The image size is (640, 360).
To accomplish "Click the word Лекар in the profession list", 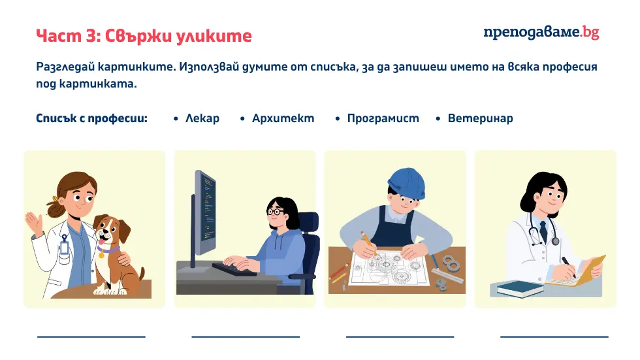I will (x=202, y=119).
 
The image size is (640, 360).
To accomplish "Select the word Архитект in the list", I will (x=283, y=119).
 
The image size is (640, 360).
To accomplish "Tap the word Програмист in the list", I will (x=383, y=119).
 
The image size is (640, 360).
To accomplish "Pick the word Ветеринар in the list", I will (x=480, y=119).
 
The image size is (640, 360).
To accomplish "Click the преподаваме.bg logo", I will (x=541, y=33).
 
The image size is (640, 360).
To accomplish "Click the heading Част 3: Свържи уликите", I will (x=144, y=35).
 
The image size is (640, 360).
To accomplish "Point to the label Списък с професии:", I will (x=91, y=119).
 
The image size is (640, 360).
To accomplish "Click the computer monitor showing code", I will (x=205, y=212).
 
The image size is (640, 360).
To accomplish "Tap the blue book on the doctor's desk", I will (x=516, y=288).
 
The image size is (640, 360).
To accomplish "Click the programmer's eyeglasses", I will (x=275, y=212).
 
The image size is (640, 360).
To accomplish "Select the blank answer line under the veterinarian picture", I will (x=91, y=336).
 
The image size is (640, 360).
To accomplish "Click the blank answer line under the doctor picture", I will (x=554, y=336).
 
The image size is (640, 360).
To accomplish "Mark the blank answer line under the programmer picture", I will (x=246, y=336).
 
